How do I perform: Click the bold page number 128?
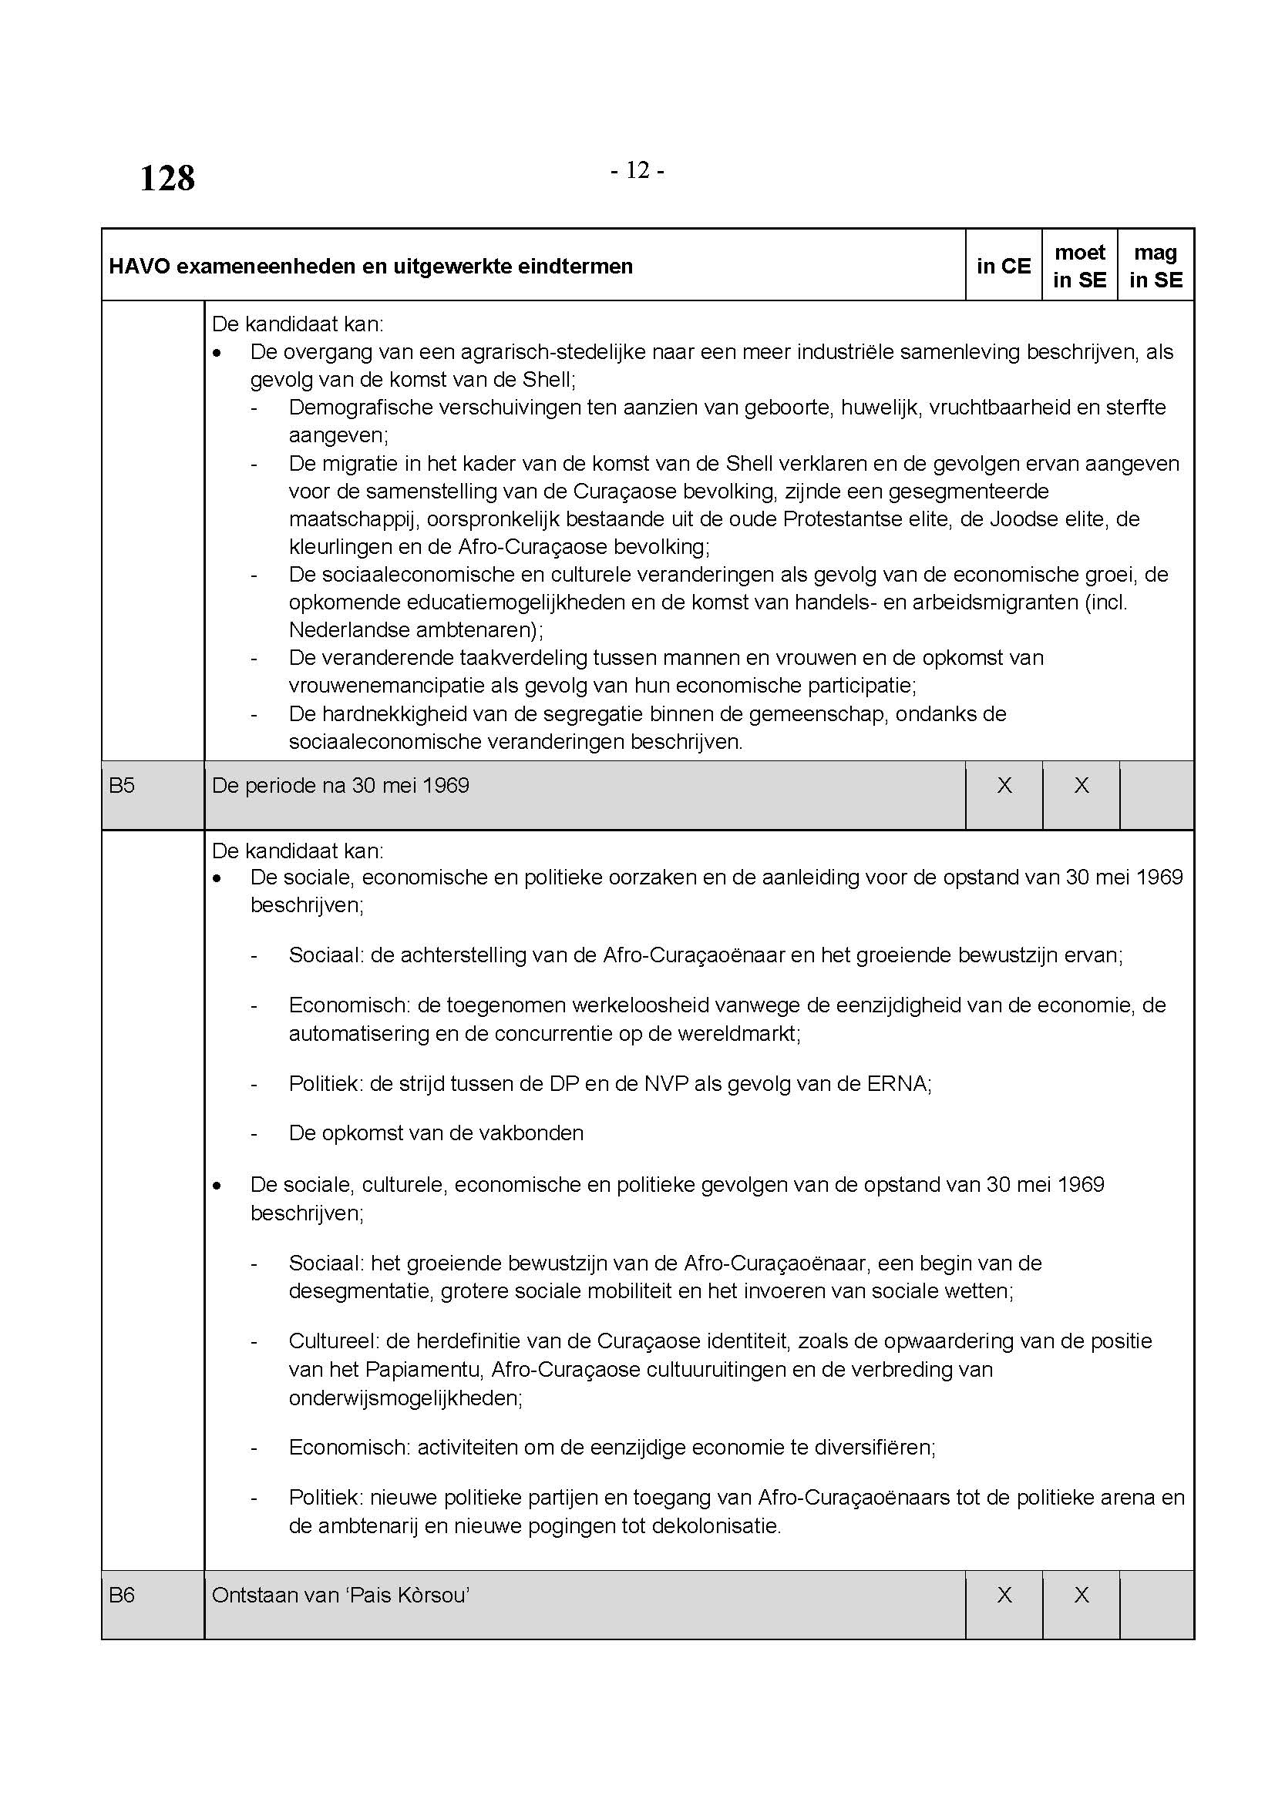tap(167, 178)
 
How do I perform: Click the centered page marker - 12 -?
tap(637, 170)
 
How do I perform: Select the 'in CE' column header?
tap(1004, 266)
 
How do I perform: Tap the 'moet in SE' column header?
tap(1080, 266)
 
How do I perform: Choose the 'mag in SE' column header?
tap(1156, 266)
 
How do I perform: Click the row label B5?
tap(122, 786)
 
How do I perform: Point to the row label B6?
tap(122, 1595)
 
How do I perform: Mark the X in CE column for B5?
tap(1004, 786)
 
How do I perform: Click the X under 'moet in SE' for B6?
tap(1081, 1595)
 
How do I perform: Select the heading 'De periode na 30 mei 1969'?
tap(340, 786)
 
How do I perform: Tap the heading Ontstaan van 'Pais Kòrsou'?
tap(340, 1595)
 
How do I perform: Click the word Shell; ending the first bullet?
tap(549, 380)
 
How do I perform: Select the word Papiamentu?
tap(425, 1370)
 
